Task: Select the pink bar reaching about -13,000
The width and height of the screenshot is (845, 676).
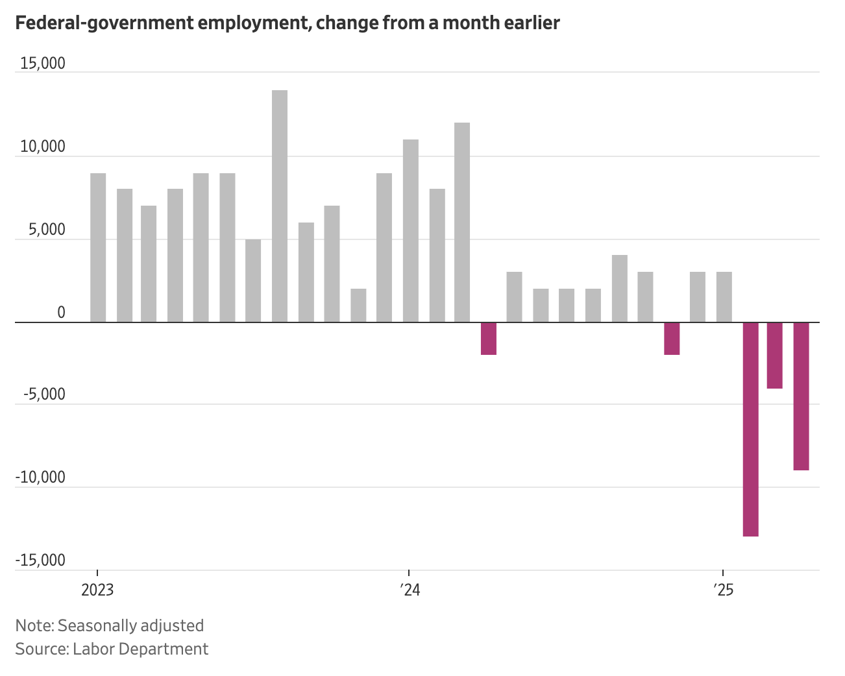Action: tap(750, 429)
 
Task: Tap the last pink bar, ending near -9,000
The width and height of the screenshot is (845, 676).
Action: tap(801, 396)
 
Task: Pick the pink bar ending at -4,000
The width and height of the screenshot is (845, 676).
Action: tap(774, 355)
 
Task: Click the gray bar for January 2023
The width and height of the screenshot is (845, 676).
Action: tap(98, 247)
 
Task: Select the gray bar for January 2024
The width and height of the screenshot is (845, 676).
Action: tap(410, 230)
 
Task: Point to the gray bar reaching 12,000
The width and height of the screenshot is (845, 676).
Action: tap(462, 222)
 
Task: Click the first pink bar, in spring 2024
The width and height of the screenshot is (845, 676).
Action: tap(489, 338)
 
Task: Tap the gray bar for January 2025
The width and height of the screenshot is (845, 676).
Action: tap(724, 296)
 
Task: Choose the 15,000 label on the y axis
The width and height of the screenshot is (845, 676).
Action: tap(43, 64)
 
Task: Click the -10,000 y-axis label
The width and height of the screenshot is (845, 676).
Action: tap(40, 477)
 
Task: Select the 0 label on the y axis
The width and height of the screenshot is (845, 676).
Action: tap(61, 313)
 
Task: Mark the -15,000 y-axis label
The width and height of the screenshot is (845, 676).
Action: tap(40, 561)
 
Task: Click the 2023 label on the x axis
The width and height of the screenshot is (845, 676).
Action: tap(97, 590)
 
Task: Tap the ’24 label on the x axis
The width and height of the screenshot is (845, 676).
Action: tap(410, 590)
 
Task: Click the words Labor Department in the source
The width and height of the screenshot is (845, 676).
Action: tap(140, 649)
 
